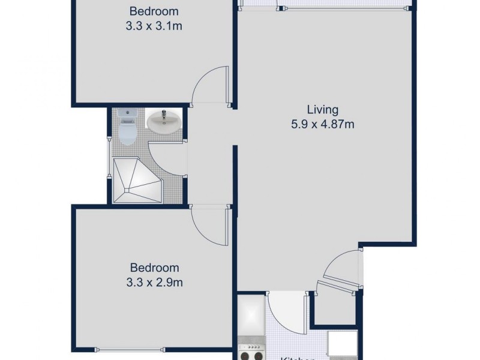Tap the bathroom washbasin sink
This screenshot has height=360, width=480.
[x=163, y=122]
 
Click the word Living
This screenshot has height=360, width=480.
[x=323, y=110]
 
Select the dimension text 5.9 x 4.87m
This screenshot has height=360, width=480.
[x=323, y=125]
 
